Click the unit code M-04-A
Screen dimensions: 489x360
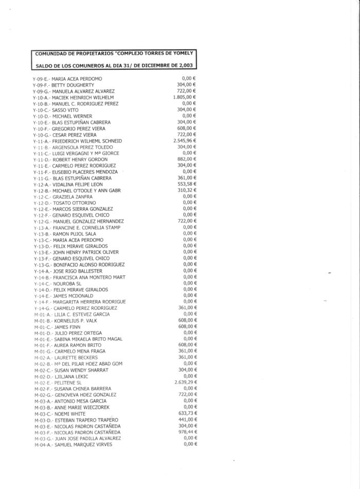click(42, 445)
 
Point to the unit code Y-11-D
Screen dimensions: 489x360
click(42, 160)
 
